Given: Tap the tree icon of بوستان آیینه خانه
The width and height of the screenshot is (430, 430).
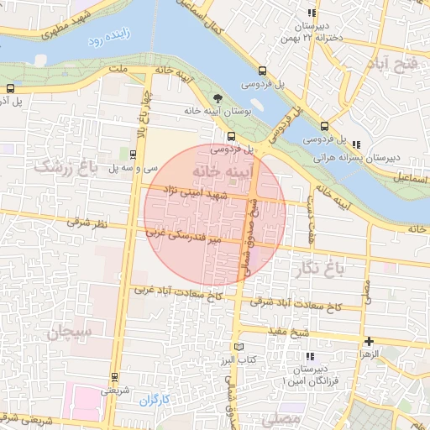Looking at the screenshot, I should (221, 97).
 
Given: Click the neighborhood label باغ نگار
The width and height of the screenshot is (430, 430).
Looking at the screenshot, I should (318, 268).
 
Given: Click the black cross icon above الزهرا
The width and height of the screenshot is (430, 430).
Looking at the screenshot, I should (369, 340).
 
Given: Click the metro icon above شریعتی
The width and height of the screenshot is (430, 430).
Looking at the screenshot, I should (114, 376).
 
